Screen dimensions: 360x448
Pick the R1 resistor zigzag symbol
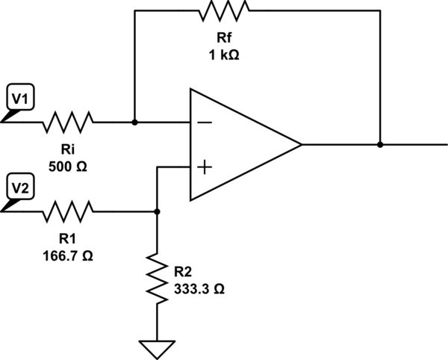coord(68,211)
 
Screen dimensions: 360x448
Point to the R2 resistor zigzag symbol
coord(157,277)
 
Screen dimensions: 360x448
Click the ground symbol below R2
coord(157,348)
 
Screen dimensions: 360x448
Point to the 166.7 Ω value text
coord(68,255)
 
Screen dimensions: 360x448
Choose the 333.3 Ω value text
coord(198,288)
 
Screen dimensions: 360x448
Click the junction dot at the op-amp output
coord(380,144)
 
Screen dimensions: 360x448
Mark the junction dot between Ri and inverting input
coord(134,122)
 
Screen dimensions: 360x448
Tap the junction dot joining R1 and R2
coord(157,211)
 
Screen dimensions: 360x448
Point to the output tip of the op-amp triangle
coord(301,144)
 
